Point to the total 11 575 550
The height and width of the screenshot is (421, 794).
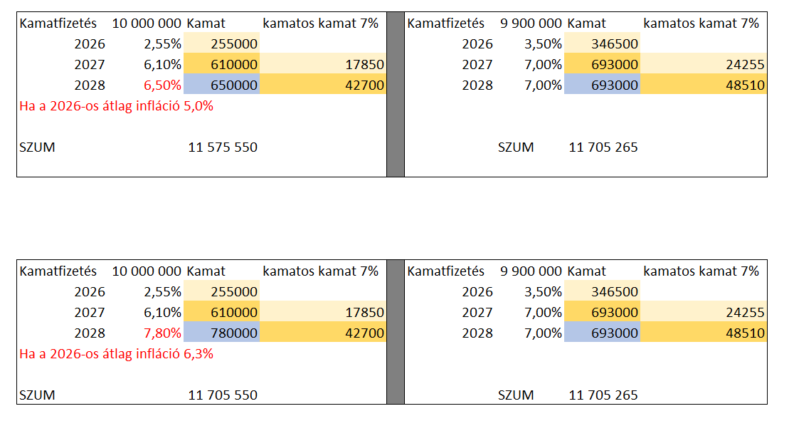click(223, 147)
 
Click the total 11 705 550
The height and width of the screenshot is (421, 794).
click(223, 395)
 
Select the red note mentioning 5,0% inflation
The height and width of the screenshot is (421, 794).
click(117, 107)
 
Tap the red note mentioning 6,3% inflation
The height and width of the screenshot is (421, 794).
click(117, 354)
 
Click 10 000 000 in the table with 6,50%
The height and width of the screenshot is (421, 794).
click(147, 24)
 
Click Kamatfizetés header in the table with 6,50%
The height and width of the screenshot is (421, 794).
click(58, 24)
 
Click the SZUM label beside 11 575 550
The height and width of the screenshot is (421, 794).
click(37, 147)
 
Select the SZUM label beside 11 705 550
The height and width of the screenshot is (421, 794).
click(37, 395)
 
